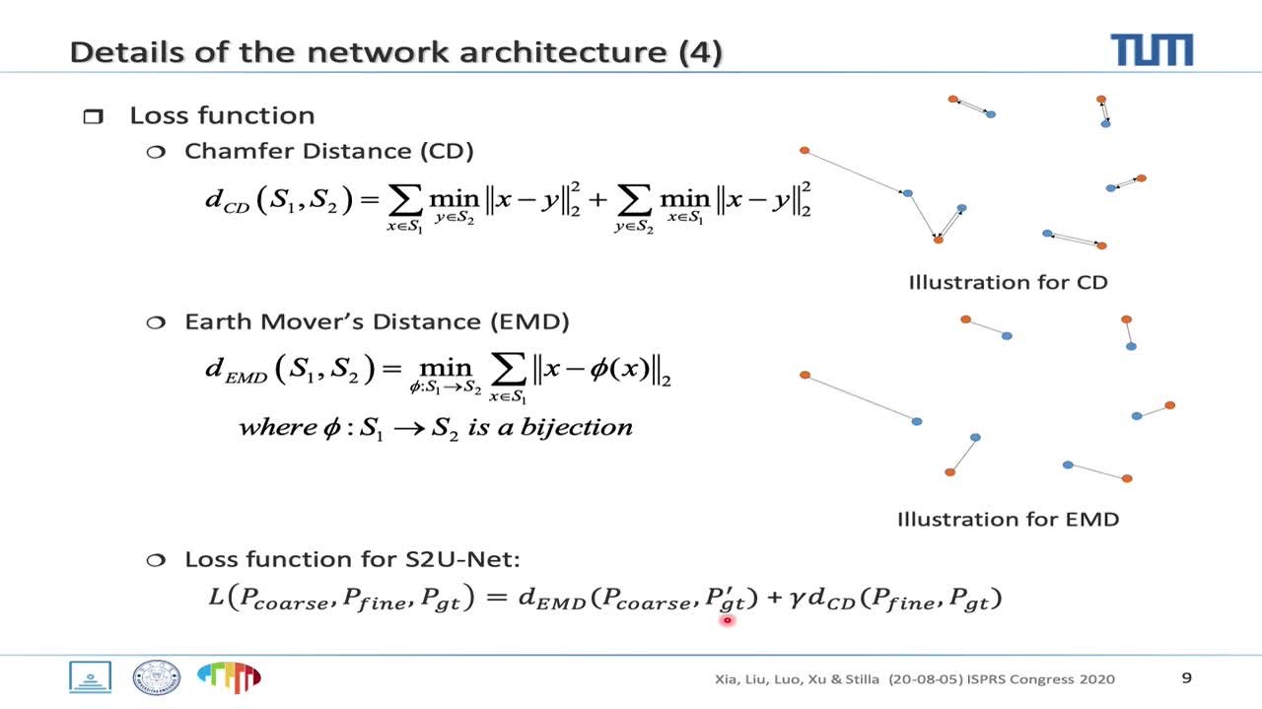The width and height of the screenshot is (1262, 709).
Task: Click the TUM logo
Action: tap(1151, 49)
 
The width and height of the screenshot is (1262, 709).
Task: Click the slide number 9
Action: tap(1186, 677)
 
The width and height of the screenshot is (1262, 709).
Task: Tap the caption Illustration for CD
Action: tap(1008, 282)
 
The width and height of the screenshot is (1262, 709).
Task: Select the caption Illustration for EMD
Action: tap(1008, 519)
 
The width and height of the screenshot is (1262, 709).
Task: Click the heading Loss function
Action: tap(222, 115)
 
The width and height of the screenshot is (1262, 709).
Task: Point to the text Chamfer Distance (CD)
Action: tap(328, 151)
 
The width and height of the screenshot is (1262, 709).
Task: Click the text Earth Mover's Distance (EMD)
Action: tap(377, 321)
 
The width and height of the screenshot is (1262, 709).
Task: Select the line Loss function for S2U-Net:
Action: tap(352, 559)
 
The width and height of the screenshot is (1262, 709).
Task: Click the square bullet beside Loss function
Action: tap(93, 117)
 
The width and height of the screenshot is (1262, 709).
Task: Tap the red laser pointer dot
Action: tap(727, 620)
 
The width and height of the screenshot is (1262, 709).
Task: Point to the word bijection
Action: tap(581, 427)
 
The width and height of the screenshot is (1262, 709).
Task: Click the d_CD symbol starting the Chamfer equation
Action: tap(227, 200)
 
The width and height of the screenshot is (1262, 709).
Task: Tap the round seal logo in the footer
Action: tap(156, 676)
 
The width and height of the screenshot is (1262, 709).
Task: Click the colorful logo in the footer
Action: tap(229, 676)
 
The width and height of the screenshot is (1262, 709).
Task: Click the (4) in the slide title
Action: tap(701, 52)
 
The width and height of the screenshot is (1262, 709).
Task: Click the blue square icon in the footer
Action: tap(90, 676)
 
